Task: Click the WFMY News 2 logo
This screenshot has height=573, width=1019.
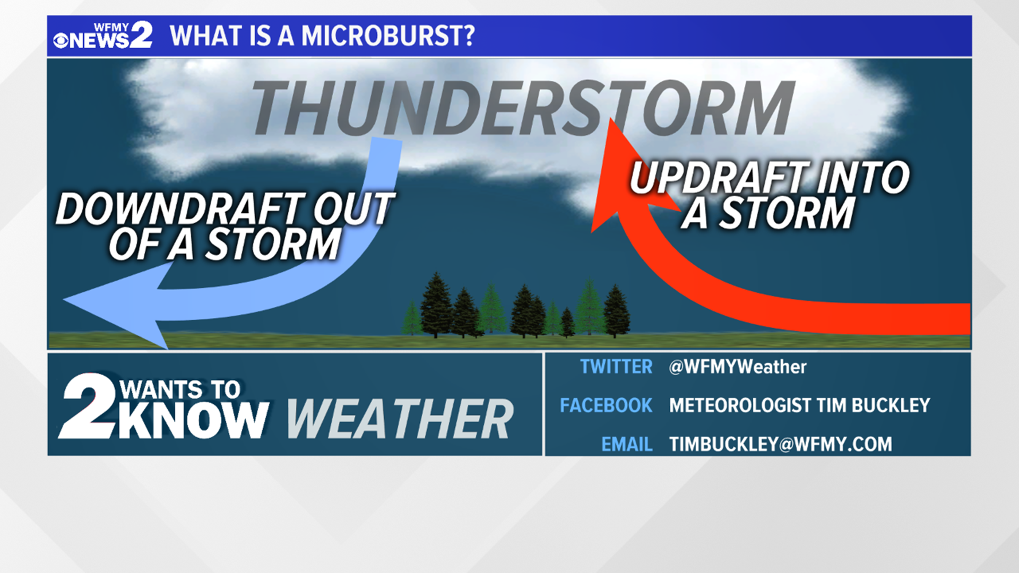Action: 103,36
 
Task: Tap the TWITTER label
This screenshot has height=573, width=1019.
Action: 616,367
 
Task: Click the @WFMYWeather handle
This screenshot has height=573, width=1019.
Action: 737,367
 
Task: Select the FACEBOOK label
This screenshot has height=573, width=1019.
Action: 606,405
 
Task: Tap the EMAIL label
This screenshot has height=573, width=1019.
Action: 626,444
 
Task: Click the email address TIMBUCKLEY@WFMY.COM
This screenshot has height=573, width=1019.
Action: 780,444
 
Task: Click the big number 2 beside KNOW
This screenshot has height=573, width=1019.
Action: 88,406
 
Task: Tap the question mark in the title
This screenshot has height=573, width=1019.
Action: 467,36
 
